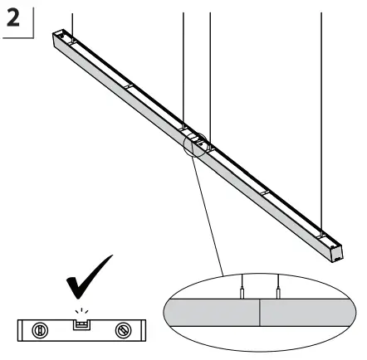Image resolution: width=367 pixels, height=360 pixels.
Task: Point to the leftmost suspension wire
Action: click(x=72, y=21)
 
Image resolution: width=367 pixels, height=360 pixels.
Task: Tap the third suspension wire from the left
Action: click(x=209, y=66)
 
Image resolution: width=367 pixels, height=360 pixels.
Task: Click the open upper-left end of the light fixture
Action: click(x=57, y=36)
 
